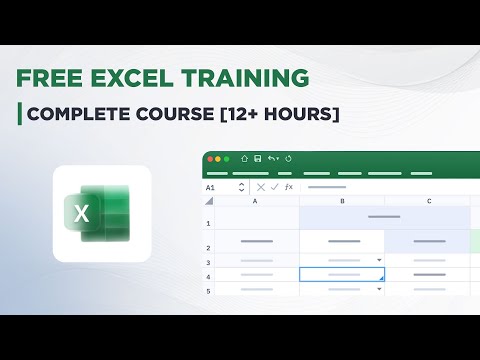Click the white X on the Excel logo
click(x=83, y=212)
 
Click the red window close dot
click(x=210, y=159)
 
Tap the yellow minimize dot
click(x=219, y=159)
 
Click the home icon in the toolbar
click(x=242, y=159)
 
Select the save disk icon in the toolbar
click(x=258, y=159)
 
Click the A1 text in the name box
click(x=211, y=187)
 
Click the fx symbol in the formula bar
click(x=289, y=187)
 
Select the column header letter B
click(x=342, y=202)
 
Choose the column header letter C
click(x=428, y=202)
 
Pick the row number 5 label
click(x=208, y=290)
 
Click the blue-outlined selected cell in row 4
click(x=342, y=274)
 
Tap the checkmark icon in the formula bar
click(x=275, y=187)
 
